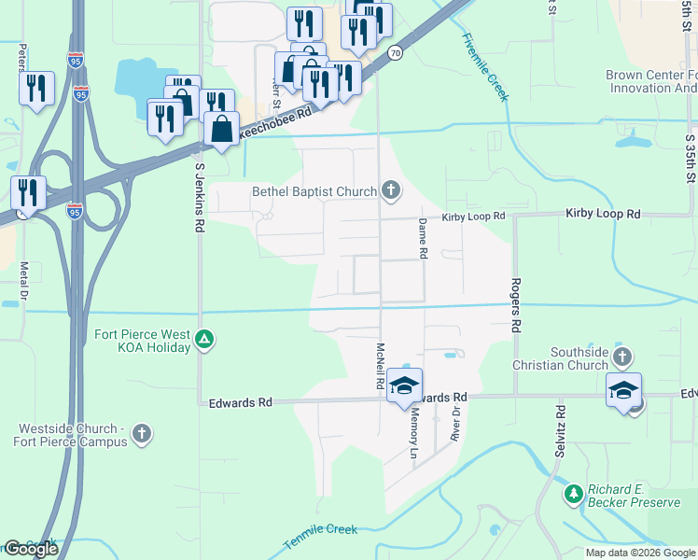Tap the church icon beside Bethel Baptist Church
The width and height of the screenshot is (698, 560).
(x=391, y=192)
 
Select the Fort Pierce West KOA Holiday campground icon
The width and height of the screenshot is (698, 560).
(x=205, y=340)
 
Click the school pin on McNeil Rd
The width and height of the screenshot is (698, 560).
(x=405, y=385)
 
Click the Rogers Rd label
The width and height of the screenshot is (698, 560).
(x=514, y=306)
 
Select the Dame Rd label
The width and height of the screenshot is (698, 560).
(x=423, y=238)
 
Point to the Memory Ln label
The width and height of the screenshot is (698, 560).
(x=413, y=436)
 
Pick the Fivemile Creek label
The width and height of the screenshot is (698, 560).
(x=485, y=67)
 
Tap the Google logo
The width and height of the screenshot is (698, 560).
(x=31, y=549)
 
